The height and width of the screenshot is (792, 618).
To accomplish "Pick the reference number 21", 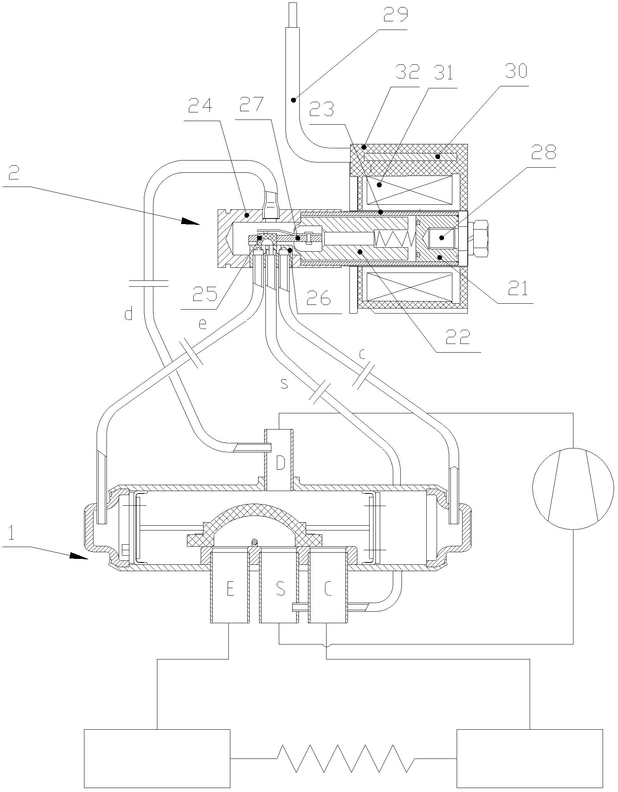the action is click(x=517, y=289).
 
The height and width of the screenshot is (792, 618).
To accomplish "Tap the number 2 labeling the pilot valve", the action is click(x=14, y=172).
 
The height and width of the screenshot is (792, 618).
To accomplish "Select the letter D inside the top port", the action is click(x=280, y=463).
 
